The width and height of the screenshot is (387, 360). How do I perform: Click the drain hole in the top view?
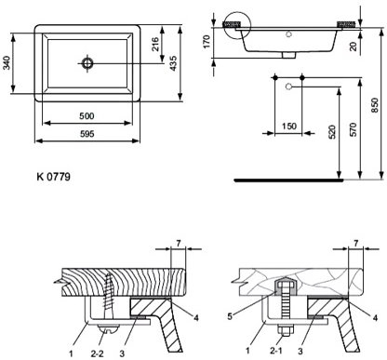87,62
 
